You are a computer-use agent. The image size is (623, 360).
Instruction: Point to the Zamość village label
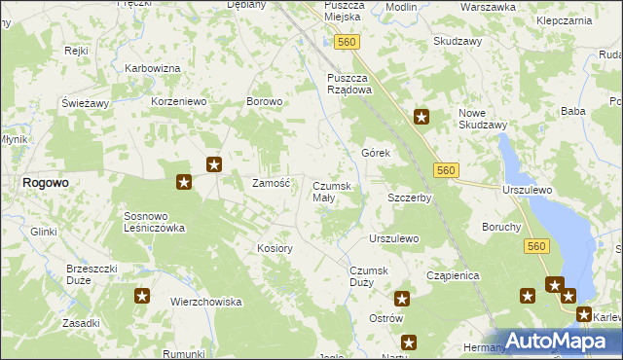pyautogui.click(x=272, y=183)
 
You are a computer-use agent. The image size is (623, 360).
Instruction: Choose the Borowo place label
pyautogui.click(x=264, y=101)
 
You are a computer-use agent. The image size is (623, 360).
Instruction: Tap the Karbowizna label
pyautogui.click(x=153, y=68)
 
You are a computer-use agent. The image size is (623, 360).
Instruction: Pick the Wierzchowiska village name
pyautogui.click(x=205, y=302)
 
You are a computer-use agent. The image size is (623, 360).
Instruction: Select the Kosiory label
pyautogui.click(x=275, y=248)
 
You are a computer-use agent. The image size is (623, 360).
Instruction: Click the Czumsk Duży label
pyautogui.click(x=368, y=276)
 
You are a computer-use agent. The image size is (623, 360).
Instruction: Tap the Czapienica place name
pyautogui.click(x=454, y=275)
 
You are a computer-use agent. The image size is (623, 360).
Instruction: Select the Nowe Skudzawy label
pyautogui.click(x=483, y=119)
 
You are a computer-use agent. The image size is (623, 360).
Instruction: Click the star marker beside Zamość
pyautogui.click(x=214, y=164)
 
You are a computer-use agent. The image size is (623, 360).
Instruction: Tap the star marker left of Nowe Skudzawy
pyautogui.click(x=421, y=118)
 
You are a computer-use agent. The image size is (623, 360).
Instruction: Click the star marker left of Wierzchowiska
pyautogui.click(x=141, y=296)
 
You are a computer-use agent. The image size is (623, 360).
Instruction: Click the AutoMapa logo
pyautogui.click(x=554, y=341)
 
